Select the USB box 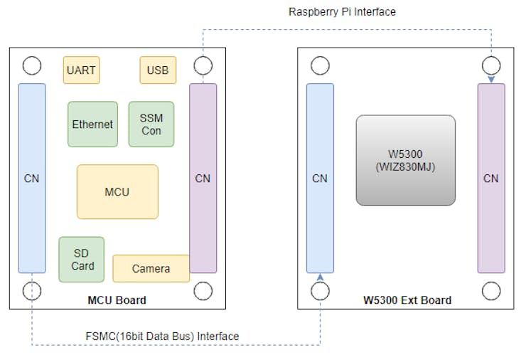pyautogui.click(x=158, y=70)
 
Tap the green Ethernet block pyautogui.click(x=92, y=125)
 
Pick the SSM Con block pyautogui.click(x=151, y=125)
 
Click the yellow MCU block pyautogui.click(x=117, y=192)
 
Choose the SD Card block pyautogui.click(x=82, y=259)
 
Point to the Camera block pyautogui.click(x=151, y=268)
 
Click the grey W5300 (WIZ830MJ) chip pyautogui.click(x=405, y=160)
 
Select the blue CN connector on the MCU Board pyautogui.click(x=32, y=178)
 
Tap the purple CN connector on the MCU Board pyautogui.click(x=203, y=178)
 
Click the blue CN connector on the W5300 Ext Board pyautogui.click(x=320, y=178)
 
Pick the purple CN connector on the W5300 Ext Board pyautogui.click(x=491, y=178)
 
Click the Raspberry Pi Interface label pyautogui.click(x=342, y=12)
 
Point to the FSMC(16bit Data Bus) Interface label pyautogui.click(x=157, y=336)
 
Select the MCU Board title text pyautogui.click(x=117, y=300)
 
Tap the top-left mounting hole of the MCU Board pyautogui.click(x=32, y=66)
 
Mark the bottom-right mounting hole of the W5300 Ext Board pyautogui.click(x=491, y=290)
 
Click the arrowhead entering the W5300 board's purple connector pyautogui.click(x=491, y=80)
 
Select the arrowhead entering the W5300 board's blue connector pyautogui.click(x=320, y=277)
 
